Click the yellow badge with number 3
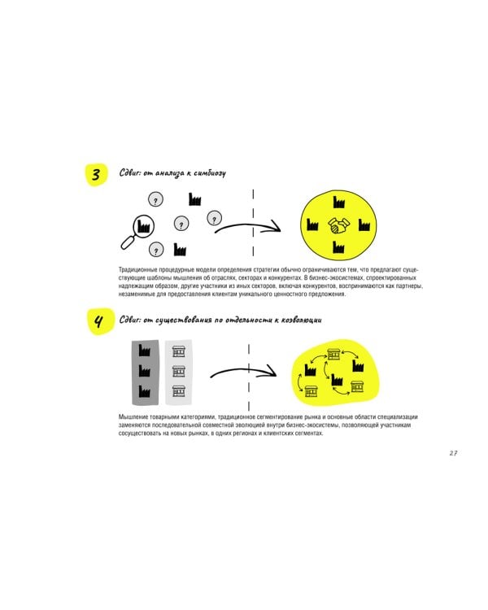tap(96, 175)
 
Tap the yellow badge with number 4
tap(98, 322)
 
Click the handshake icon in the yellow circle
tap(336, 224)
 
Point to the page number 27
tap(453, 453)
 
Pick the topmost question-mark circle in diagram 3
tap(155, 198)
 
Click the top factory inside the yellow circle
tap(337, 203)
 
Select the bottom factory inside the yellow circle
tap(337, 247)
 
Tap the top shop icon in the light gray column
tap(179, 351)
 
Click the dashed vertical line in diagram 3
tap(253, 221)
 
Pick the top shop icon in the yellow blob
tap(333, 354)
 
